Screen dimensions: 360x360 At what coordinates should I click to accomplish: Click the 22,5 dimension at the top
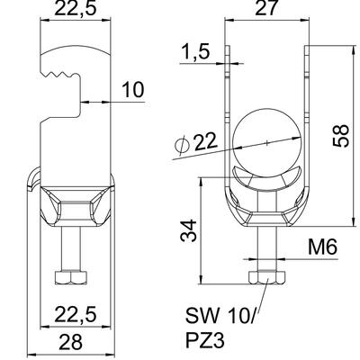[x=76, y=8]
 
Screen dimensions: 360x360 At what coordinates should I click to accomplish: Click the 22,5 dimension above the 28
[x=76, y=315]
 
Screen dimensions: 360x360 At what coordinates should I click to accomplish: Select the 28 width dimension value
[x=70, y=342]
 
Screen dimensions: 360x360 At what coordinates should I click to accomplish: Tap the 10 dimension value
[x=133, y=90]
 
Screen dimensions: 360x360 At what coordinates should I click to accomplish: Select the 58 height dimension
[x=341, y=136]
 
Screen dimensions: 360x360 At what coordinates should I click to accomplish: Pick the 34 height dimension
[x=188, y=230]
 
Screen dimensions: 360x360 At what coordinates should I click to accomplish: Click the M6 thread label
[x=322, y=247]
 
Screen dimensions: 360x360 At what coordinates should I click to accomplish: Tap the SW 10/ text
[x=220, y=316]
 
